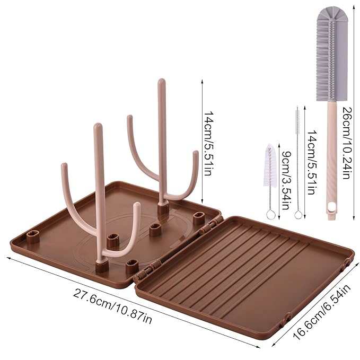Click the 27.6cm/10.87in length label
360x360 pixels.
point(115,307)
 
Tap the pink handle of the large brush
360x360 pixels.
point(331,159)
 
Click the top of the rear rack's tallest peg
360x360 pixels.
point(160,82)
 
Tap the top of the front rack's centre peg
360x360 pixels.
point(98,127)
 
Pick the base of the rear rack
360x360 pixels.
point(162,208)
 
